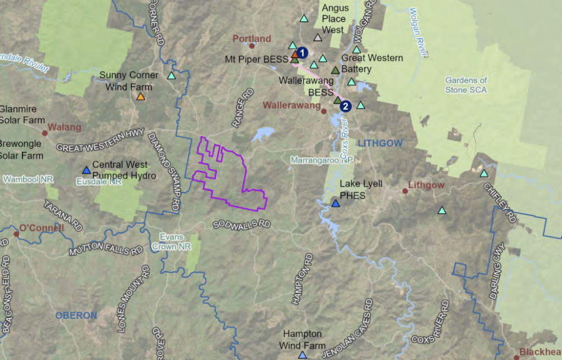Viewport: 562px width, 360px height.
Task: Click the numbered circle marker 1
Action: click(x=302, y=52)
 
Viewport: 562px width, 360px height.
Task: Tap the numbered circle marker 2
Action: click(x=346, y=105)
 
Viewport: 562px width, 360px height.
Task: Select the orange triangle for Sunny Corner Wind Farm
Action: click(x=140, y=97)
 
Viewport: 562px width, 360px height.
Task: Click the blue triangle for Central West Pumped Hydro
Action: click(x=86, y=170)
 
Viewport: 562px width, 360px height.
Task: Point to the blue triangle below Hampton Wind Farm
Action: click(x=302, y=355)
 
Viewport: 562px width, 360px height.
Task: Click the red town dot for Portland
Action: click(x=252, y=46)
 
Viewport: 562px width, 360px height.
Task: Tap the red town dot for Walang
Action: click(x=44, y=127)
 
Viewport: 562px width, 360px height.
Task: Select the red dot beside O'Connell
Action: click(x=16, y=228)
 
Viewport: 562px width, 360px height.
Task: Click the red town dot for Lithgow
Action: click(x=405, y=191)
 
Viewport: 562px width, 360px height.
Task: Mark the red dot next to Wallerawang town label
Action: click(x=324, y=111)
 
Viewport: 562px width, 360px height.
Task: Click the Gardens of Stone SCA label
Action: click(x=466, y=85)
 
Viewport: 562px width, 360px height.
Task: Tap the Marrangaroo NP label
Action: click(x=321, y=160)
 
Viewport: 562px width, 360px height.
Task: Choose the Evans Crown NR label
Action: click(x=171, y=242)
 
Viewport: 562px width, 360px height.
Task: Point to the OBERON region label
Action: click(x=76, y=316)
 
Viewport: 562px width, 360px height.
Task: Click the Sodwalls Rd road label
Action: click(x=242, y=224)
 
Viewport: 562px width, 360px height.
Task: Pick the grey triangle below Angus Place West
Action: click(x=318, y=38)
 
